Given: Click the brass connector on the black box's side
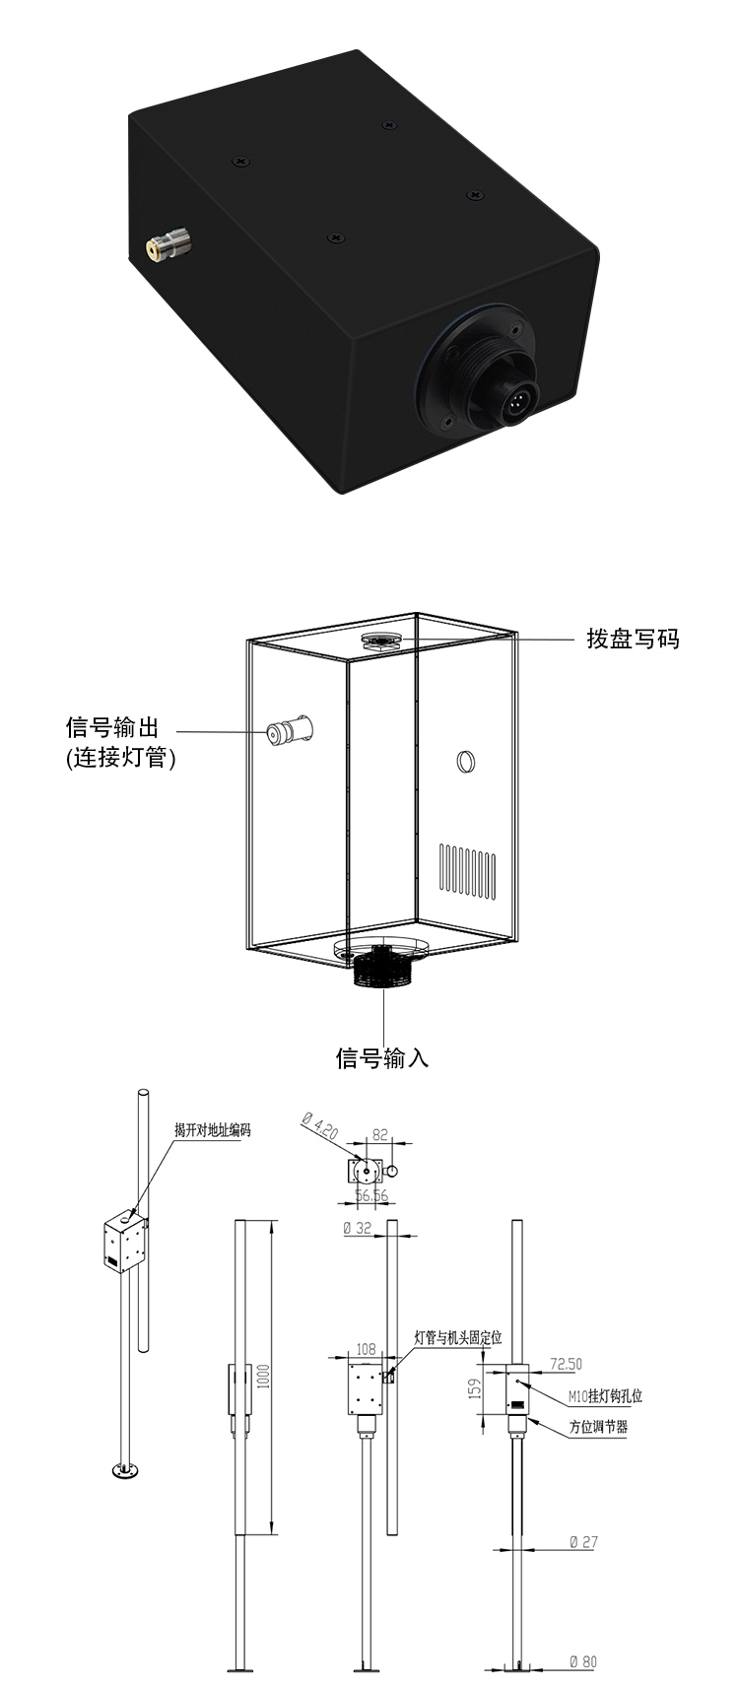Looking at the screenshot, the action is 168,246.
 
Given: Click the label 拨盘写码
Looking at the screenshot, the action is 633,639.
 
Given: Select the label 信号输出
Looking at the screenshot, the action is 112,727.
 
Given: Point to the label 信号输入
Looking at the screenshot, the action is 382,1057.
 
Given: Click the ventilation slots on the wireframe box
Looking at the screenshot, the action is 468,871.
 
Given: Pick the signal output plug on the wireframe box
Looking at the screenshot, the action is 290,729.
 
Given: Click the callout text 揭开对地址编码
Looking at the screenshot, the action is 213,1129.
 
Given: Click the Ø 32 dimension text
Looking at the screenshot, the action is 357,1228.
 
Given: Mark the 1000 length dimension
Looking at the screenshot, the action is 263,1378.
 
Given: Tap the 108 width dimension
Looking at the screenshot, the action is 366,1349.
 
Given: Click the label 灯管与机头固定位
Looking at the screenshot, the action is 458,1337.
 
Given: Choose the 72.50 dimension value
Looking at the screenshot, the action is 566,1364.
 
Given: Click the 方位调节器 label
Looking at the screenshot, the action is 598,1426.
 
